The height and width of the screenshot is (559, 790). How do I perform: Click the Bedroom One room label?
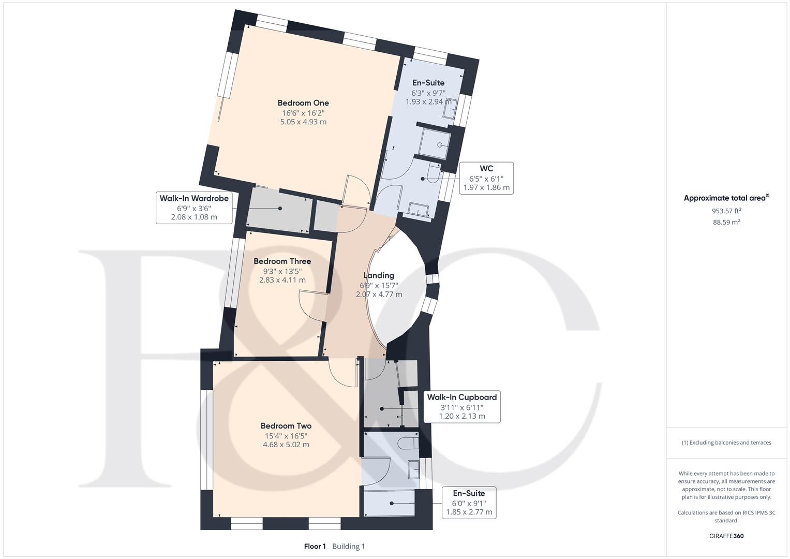coord(303,103)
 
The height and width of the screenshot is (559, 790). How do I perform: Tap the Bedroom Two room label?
coord(286,426)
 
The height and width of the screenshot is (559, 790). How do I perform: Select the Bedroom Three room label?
coord(282,261)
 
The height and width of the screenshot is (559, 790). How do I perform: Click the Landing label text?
coord(379,275)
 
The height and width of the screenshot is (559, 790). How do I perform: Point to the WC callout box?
coord(486,178)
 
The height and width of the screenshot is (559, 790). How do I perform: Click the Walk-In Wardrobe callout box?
coord(194,208)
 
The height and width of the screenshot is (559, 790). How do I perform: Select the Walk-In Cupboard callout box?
coord(461,406)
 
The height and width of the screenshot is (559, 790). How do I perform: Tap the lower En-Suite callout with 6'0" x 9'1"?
coord(469,503)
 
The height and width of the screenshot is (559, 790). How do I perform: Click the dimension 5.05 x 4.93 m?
coord(303,122)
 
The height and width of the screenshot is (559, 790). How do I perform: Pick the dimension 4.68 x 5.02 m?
coord(286,445)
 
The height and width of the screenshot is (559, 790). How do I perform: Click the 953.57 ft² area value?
coord(726,211)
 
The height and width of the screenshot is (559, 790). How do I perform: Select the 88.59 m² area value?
coord(726,222)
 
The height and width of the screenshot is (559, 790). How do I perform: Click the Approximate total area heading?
coord(726,198)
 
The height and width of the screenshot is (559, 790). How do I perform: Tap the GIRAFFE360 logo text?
coord(726,536)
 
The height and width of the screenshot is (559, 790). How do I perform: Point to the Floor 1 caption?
coord(315,546)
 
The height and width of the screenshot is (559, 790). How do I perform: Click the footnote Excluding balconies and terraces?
coord(726,443)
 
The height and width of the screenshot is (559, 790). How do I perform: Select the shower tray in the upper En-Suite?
coord(434,141)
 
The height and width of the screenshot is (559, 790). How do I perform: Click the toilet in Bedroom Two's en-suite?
coord(409,443)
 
